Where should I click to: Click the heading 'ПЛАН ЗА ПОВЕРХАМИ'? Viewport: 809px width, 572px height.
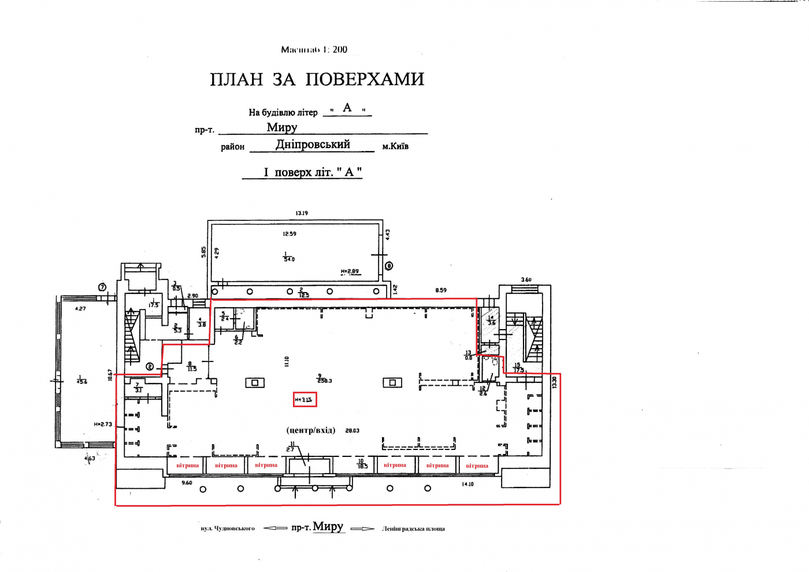(317, 79)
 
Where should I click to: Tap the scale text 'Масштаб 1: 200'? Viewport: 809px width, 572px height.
(314, 50)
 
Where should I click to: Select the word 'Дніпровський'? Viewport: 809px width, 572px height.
(313, 144)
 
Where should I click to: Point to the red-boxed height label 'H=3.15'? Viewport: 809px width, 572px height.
(304, 400)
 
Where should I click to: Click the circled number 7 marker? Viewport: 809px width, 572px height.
(102, 287)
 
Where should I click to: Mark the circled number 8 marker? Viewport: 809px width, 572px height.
(389, 266)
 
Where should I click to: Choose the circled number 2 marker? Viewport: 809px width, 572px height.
(150, 366)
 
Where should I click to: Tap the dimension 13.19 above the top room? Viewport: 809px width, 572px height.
(302, 213)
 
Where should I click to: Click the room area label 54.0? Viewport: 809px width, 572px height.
(288, 259)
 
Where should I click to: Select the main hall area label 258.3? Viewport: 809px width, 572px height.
(324, 380)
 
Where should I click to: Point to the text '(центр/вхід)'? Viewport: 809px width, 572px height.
(310, 430)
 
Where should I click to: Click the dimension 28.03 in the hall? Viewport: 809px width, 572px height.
(352, 430)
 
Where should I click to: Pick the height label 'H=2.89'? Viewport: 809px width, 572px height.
(350, 271)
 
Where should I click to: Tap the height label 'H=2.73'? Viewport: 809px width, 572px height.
(103, 424)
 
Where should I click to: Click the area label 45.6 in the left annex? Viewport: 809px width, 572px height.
(81, 381)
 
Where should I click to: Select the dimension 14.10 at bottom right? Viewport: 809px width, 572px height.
(467, 484)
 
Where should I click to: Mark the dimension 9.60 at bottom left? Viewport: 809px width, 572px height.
(187, 483)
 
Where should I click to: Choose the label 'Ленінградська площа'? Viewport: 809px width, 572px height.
(413, 529)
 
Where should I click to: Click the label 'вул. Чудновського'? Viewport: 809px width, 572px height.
(228, 529)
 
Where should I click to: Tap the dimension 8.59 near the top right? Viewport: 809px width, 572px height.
(441, 290)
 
